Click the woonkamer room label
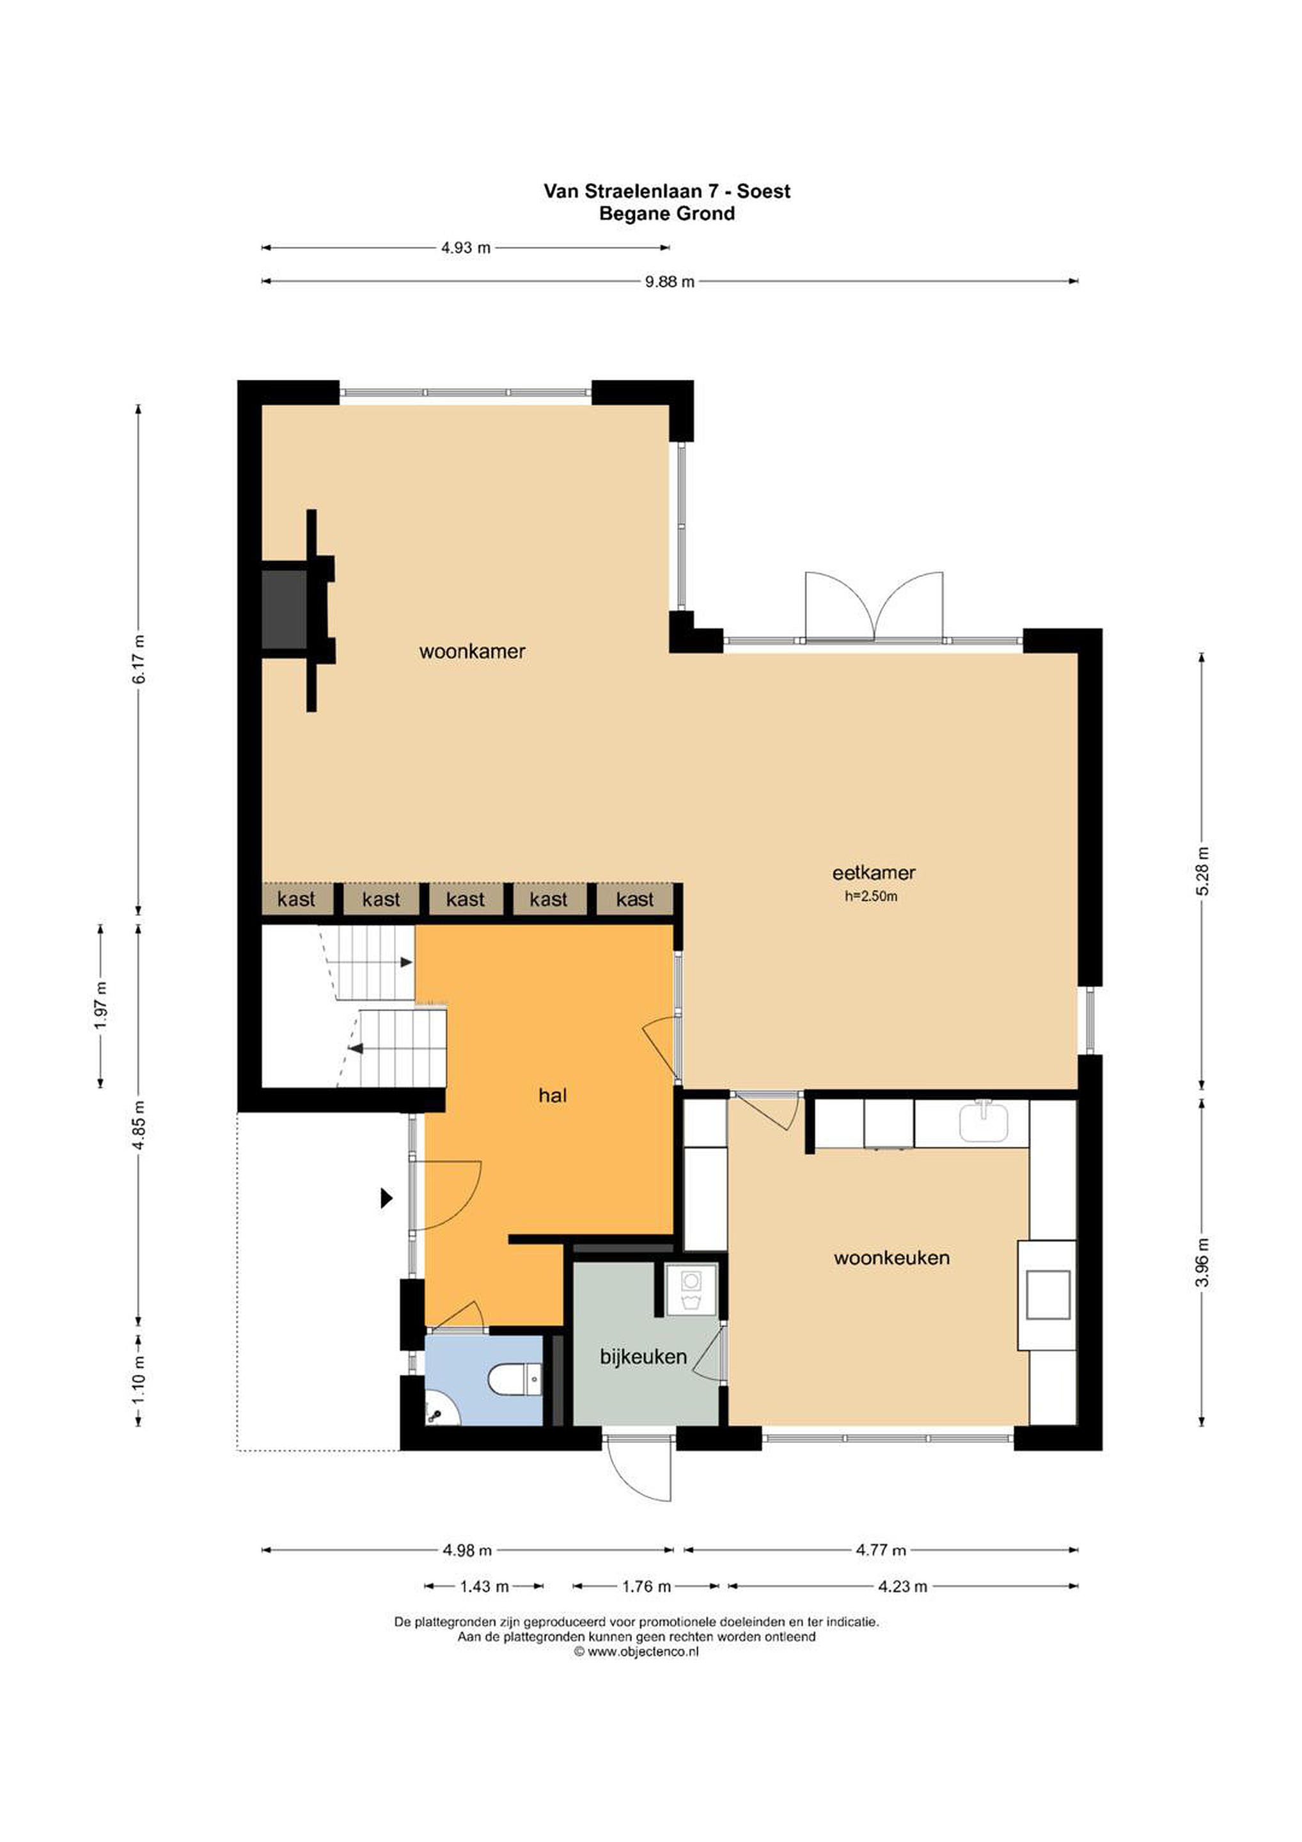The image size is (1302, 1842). [472, 652]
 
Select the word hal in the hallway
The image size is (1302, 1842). [553, 1095]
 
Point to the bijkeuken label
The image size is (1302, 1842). [643, 1357]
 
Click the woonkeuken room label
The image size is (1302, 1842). [891, 1258]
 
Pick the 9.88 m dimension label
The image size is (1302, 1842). [670, 281]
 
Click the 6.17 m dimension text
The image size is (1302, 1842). [139, 659]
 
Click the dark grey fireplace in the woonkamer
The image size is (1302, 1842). [284, 609]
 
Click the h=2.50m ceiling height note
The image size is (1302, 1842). [871, 897]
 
